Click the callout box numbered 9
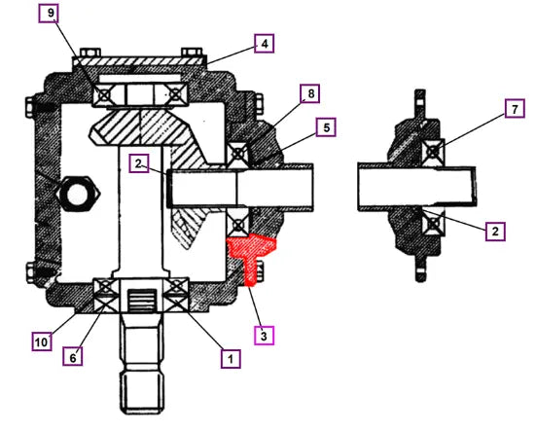click(51, 14)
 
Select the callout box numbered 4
click(265, 44)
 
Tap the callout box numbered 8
click(310, 93)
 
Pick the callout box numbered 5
click(326, 127)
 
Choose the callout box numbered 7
click(515, 108)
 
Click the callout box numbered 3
click(264, 336)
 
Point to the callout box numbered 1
click(231, 359)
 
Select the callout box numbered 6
click(73, 357)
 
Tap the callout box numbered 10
click(42, 341)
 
